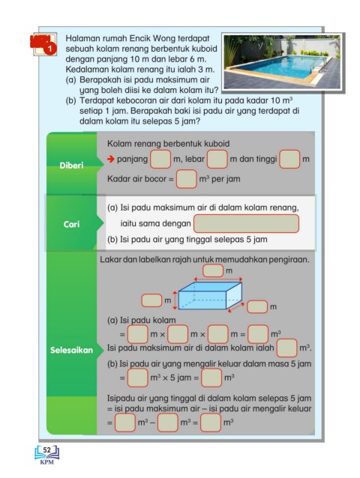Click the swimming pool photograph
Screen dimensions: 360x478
coord(282,62)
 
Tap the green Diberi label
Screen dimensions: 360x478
coord(71,166)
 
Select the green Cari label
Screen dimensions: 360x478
coord(71,224)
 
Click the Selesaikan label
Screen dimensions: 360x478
coord(71,350)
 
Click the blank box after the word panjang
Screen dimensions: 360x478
coord(160,159)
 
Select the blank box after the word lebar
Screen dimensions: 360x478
coord(217,159)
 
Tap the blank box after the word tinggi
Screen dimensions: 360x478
coord(289,159)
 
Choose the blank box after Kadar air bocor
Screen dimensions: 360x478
coord(187,178)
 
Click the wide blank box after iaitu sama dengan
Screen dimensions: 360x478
coord(246,223)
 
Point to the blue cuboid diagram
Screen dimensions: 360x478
coord(210,295)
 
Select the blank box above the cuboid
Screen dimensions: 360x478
coord(213,270)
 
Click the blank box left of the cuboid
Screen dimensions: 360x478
coord(151,300)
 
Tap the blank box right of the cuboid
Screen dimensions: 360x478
coord(257,306)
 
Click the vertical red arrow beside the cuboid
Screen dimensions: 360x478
coord(175,300)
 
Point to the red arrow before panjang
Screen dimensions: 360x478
coord(110,159)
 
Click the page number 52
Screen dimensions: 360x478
coord(47,450)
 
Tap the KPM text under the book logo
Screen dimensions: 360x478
coord(47,462)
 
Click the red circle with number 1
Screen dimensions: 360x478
coord(51,49)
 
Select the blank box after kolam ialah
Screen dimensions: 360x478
coord(286,348)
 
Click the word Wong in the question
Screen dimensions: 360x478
coord(163,38)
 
